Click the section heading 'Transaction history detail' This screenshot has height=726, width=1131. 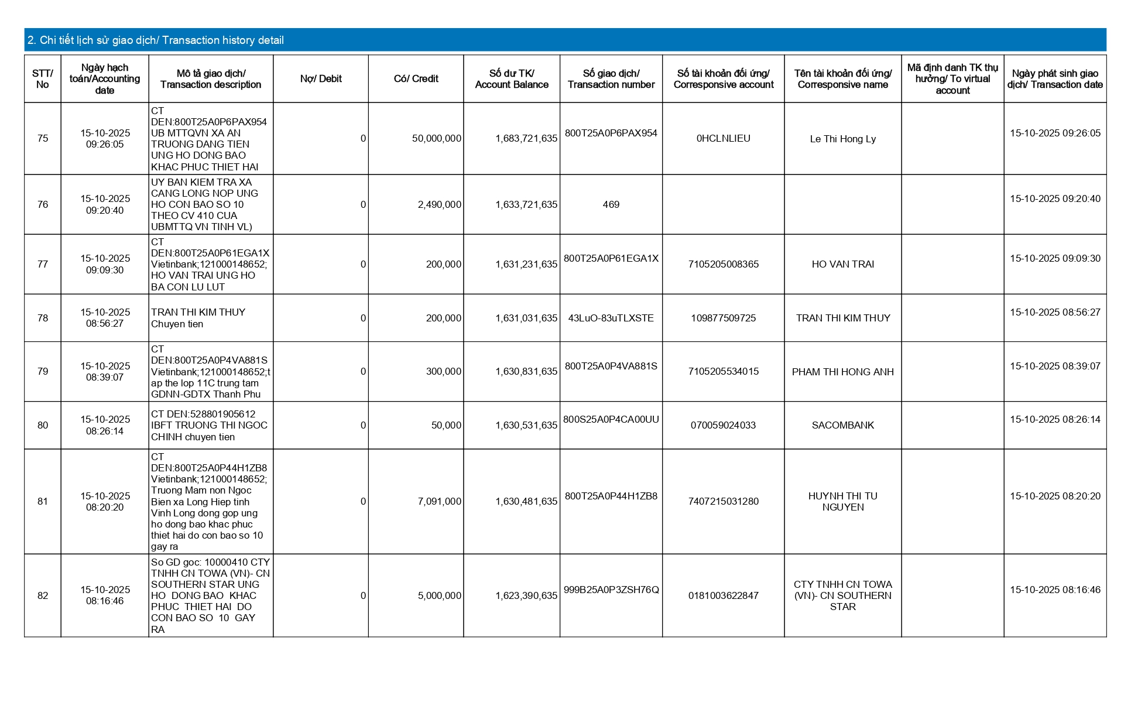point(156,40)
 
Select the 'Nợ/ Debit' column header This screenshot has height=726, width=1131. point(321,79)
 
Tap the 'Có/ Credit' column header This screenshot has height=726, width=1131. point(416,79)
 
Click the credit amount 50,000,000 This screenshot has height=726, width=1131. point(436,139)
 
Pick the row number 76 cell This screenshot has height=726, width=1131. point(43,204)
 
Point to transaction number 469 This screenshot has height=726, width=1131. point(611,204)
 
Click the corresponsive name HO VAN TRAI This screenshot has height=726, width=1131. point(842,264)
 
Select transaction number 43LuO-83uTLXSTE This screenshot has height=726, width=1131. point(611,318)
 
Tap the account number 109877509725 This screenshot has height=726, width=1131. point(723,318)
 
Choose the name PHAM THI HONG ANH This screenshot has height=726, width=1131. point(842,372)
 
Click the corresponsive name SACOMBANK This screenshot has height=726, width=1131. point(842,425)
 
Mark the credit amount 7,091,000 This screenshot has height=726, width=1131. point(439,501)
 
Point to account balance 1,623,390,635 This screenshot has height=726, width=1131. point(526,595)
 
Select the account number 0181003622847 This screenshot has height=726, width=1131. point(723,595)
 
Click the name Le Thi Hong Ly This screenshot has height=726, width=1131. point(842,139)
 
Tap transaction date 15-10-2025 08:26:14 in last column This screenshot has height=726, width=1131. point(1055,419)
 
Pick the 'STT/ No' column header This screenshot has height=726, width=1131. point(43,79)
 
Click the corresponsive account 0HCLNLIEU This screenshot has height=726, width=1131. point(723,139)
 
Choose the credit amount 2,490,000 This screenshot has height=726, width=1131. point(439,204)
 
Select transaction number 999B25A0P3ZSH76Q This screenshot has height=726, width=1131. point(611,590)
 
